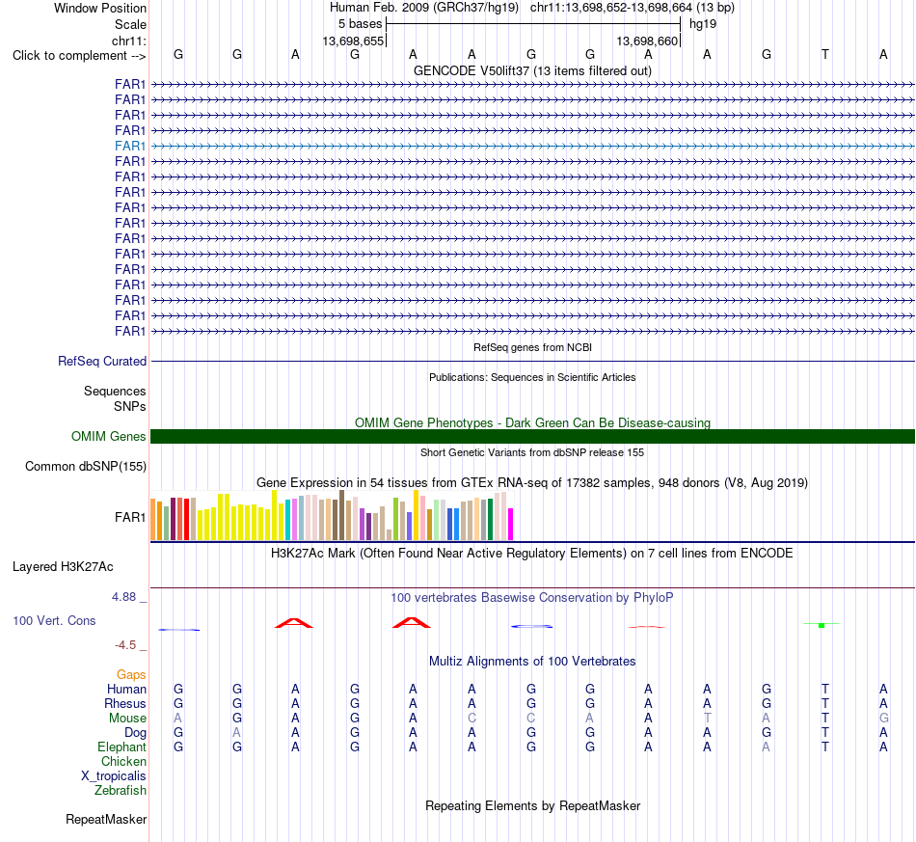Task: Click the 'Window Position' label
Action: (100, 8)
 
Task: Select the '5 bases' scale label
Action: (360, 24)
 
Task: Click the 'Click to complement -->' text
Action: (79, 56)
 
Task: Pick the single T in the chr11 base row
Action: (824, 54)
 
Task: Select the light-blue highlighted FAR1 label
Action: (130, 146)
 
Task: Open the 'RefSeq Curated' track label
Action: (102, 361)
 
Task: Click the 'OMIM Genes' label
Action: (109, 437)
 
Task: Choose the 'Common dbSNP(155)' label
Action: (86, 466)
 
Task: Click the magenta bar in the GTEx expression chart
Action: (511, 524)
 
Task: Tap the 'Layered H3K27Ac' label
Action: (63, 567)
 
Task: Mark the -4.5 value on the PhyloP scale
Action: (125, 645)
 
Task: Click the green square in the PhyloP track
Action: (822, 626)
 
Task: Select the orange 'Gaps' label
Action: (131, 675)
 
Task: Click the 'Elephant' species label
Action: (122, 747)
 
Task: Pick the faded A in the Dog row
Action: (236, 733)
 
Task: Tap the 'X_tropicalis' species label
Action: (114, 776)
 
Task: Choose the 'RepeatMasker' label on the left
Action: (106, 819)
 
